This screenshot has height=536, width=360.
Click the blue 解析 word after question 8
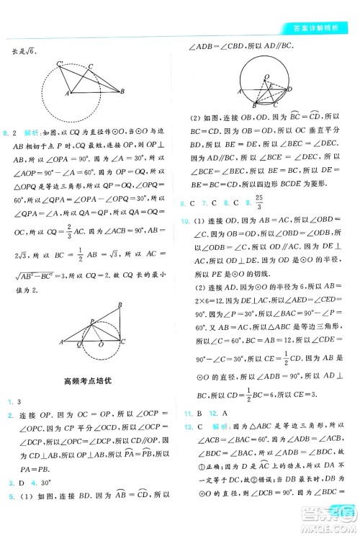pos(30,133)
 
